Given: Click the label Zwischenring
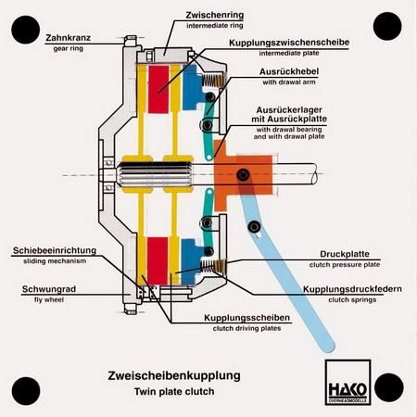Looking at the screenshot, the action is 215,15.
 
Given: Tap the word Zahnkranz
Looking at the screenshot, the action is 69,38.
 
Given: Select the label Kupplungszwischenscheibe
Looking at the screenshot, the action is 289,43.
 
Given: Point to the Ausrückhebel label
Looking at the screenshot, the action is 289,71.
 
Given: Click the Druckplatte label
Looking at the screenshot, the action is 345,254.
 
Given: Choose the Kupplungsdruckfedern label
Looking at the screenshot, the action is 352,289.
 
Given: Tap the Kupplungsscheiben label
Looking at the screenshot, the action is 247,318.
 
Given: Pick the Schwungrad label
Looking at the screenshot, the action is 49,289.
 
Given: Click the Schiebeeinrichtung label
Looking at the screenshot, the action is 55,250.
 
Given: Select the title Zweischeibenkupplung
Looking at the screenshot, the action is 174,376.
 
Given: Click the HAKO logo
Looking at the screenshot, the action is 347,382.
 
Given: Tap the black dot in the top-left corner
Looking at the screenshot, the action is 26,30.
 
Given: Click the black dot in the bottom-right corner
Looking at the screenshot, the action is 389,387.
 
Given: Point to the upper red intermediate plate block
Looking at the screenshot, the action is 158,89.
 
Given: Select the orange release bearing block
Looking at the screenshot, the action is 243,175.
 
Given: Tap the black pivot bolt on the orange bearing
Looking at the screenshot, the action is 243,175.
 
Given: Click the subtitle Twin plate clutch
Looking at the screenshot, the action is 174,392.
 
